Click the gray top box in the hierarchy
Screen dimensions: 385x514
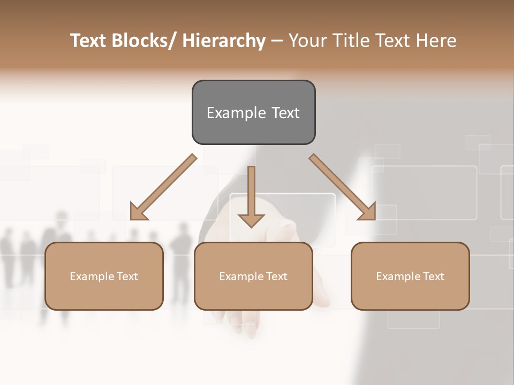point(253,112)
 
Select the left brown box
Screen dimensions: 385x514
point(104,276)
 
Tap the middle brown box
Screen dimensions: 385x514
point(253,276)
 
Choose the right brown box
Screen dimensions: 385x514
point(410,276)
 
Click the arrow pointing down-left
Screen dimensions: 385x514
point(163,187)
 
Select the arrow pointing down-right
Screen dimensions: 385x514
point(343,187)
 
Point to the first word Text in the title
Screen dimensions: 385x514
point(90,41)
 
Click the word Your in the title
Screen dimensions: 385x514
point(307,41)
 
